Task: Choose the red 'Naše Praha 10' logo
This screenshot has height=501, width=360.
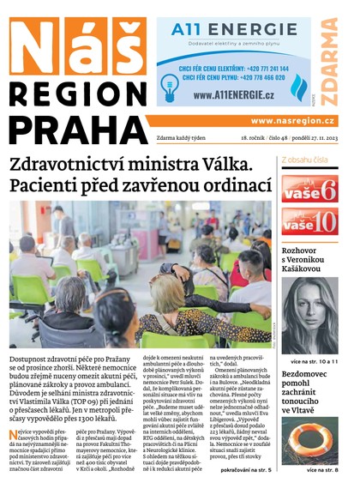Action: [x=310, y=222]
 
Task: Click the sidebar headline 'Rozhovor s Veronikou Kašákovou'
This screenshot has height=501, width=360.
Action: [x=310, y=258]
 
